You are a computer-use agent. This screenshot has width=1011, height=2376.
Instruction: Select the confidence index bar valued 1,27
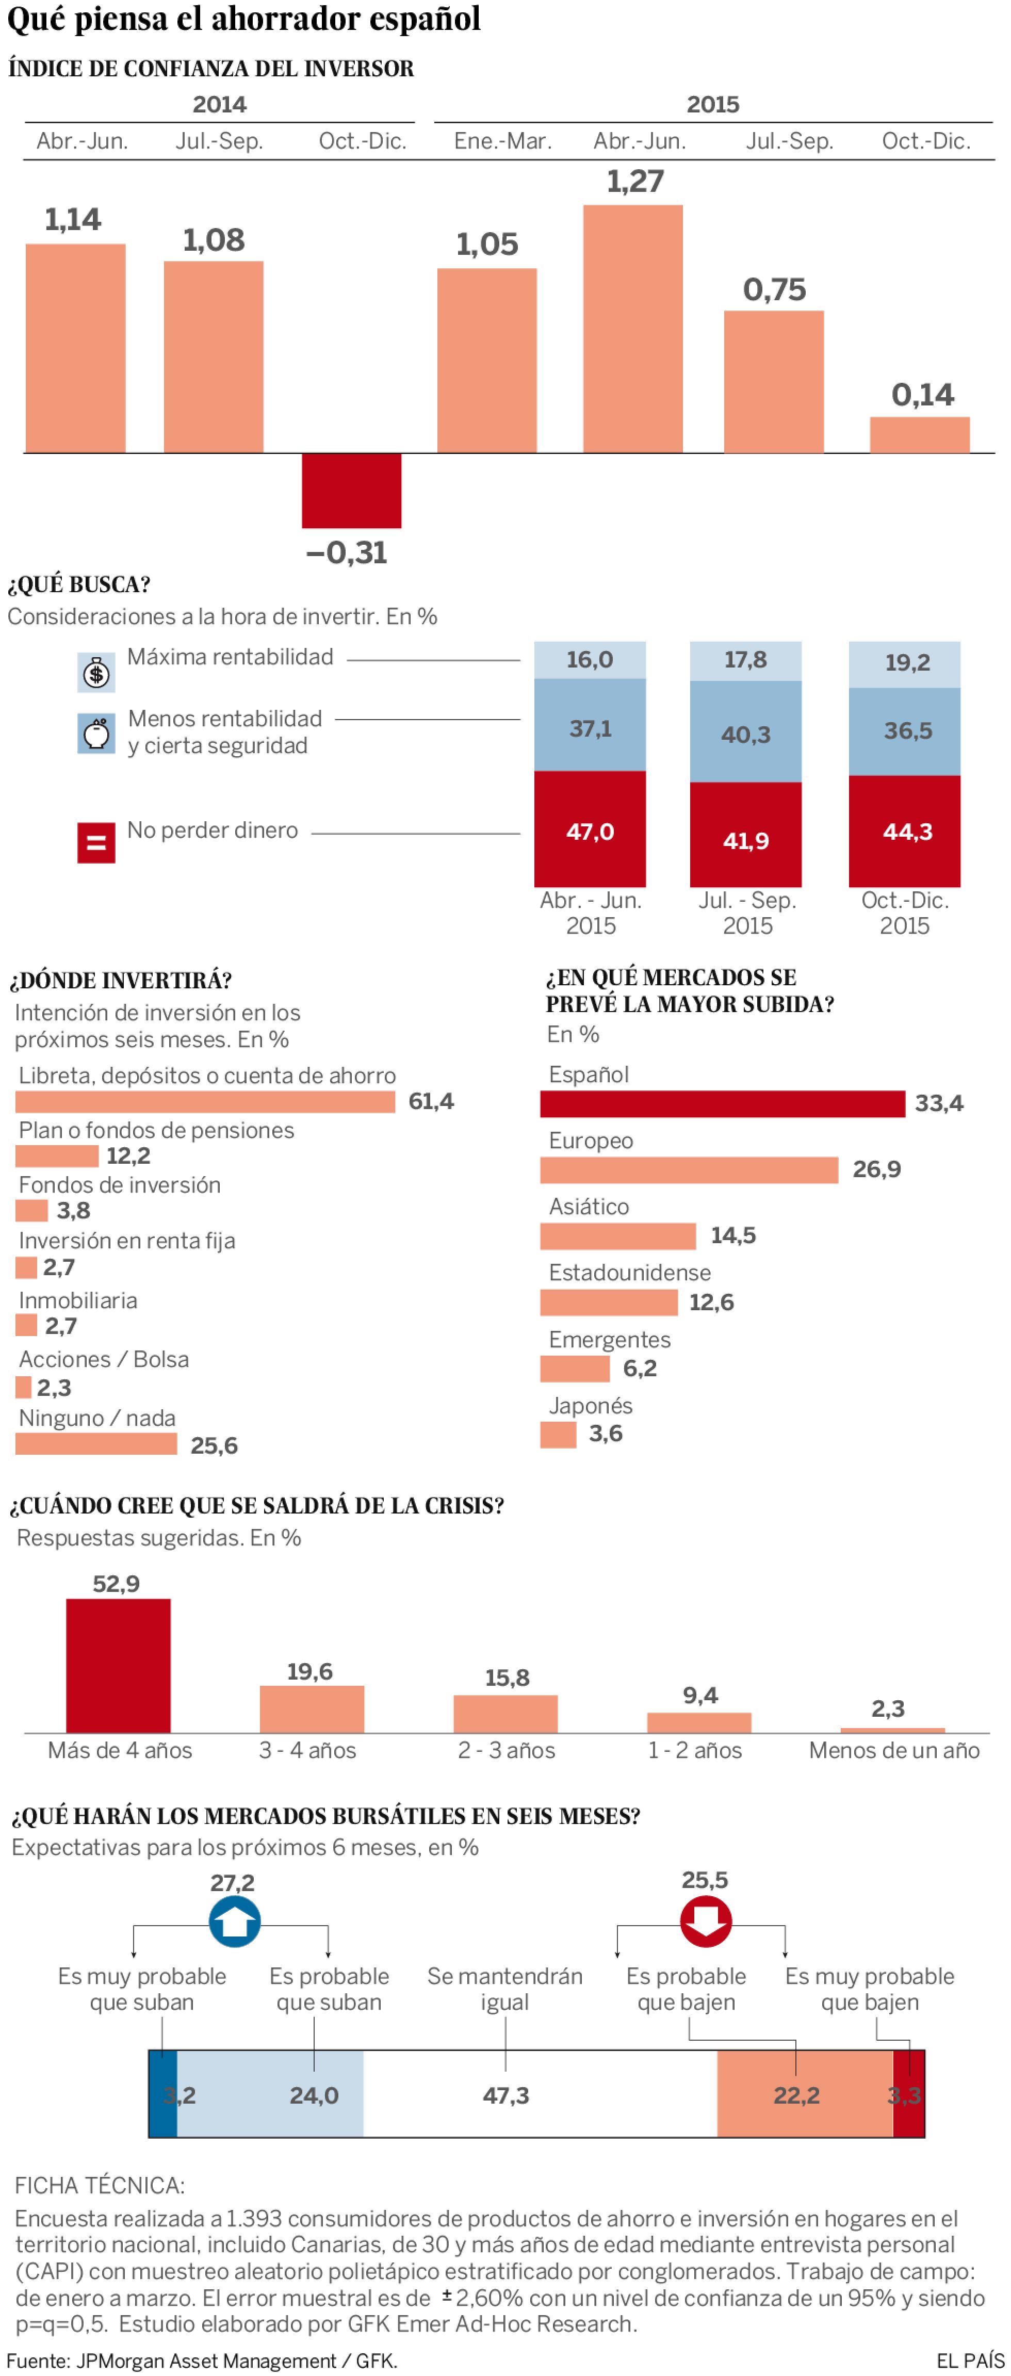(x=633, y=329)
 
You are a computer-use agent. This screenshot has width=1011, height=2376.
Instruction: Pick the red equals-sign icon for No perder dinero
(x=96, y=842)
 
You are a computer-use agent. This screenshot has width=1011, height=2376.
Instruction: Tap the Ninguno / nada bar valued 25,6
(x=96, y=1443)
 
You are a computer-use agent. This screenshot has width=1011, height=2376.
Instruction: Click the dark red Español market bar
(x=722, y=1103)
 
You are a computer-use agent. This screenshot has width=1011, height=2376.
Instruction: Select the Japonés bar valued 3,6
(x=558, y=1434)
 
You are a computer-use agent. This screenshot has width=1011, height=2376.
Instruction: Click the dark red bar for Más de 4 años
(x=118, y=1666)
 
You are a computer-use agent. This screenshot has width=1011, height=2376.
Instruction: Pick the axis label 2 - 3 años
(x=507, y=1750)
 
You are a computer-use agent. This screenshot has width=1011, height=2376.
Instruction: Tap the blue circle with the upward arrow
(x=234, y=1921)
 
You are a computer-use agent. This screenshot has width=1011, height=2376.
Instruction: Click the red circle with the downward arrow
(x=706, y=1921)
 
